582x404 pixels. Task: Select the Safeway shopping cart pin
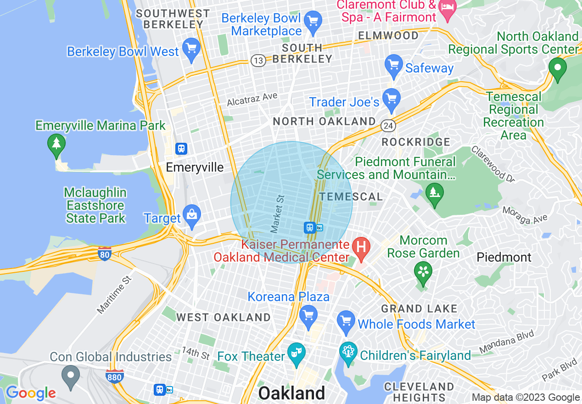click(393, 66)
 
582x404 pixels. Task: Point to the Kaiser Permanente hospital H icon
click(361, 247)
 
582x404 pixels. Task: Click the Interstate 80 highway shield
click(105, 254)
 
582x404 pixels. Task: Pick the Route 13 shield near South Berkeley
click(258, 61)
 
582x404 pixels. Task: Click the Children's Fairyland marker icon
click(348, 352)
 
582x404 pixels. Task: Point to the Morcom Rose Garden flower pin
click(423, 271)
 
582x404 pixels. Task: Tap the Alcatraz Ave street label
click(252, 99)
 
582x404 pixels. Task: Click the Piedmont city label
click(504, 257)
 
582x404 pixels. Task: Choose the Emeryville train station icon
click(181, 148)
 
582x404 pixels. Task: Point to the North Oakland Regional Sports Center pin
click(558, 68)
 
